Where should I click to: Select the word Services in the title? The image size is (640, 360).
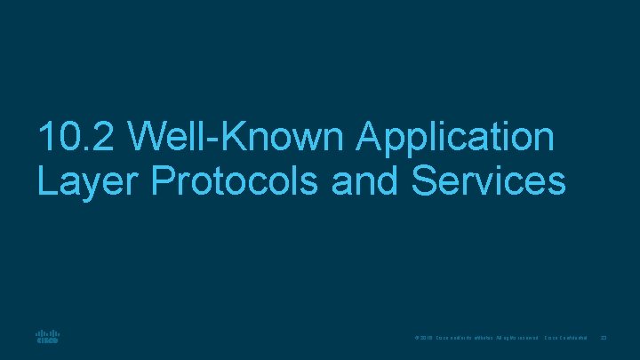(488, 180)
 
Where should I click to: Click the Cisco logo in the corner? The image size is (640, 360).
(47, 338)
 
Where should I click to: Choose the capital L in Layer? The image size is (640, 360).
(47, 180)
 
